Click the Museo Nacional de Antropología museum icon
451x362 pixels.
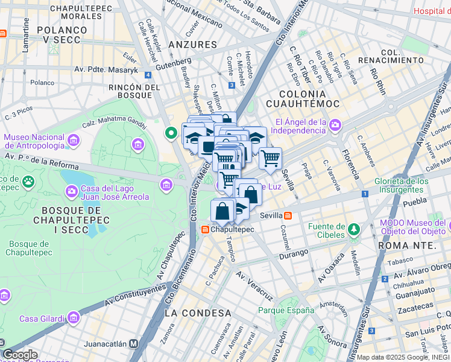click(74, 141)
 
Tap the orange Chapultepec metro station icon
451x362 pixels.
click(205, 230)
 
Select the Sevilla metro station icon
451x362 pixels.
click(289, 215)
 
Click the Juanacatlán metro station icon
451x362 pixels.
click(134, 343)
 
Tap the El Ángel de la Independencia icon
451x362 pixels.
click(335, 125)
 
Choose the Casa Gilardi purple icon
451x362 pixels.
click(74, 317)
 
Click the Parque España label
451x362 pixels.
click(286, 310)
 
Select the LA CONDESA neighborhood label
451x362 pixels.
click(198, 313)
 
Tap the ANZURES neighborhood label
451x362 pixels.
click(192, 45)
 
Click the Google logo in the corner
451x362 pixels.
click(19, 355)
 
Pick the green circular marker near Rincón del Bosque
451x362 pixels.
click(171, 133)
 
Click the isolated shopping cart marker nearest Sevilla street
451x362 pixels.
click(270, 159)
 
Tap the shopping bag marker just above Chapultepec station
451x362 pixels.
click(222, 211)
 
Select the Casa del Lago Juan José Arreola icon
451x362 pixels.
click(70, 192)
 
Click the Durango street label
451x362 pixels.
click(294, 252)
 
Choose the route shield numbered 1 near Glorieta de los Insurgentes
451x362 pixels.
click(365, 194)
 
